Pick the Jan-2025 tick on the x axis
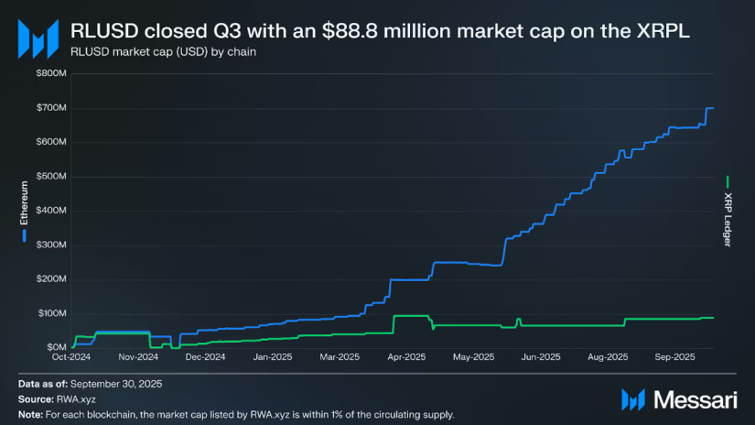[x=272, y=357]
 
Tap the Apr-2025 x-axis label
[x=407, y=357]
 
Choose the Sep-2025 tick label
[x=674, y=357]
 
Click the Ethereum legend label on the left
[x=25, y=204]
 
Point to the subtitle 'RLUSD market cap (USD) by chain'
[x=163, y=51]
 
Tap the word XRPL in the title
[x=665, y=31]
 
